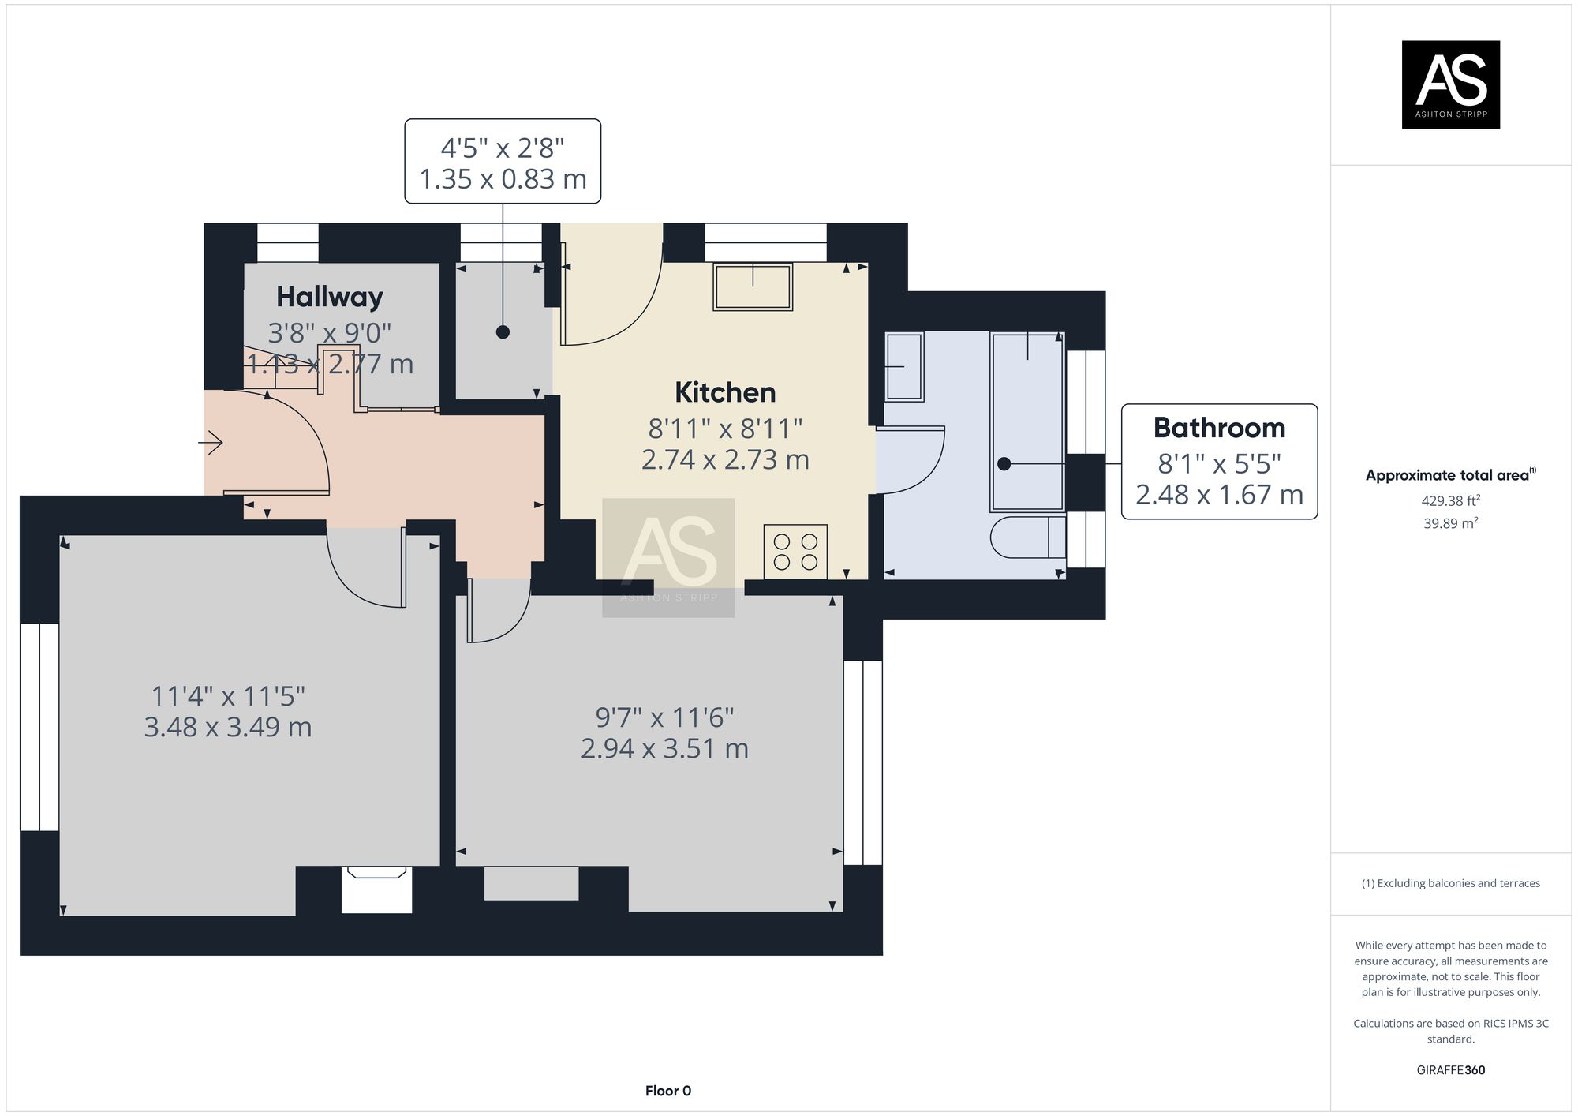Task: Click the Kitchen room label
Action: [725, 392]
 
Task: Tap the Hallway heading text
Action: [330, 297]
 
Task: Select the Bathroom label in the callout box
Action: [1219, 428]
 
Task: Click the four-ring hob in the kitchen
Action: [795, 552]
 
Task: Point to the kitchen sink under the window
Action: [753, 286]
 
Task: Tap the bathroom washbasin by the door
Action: [903, 367]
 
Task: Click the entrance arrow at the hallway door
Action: [211, 443]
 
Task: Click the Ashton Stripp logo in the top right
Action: [1450, 84]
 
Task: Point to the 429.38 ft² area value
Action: [1451, 500]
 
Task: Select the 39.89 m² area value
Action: [1451, 523]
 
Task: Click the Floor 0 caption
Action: [667, 1091]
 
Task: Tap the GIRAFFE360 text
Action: [1450, 1070]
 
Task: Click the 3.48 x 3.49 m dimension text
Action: [228, 727]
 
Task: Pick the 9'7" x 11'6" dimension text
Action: [664, 717]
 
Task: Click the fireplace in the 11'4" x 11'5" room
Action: [376, 889]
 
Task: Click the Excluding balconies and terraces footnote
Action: [1450, 883]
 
